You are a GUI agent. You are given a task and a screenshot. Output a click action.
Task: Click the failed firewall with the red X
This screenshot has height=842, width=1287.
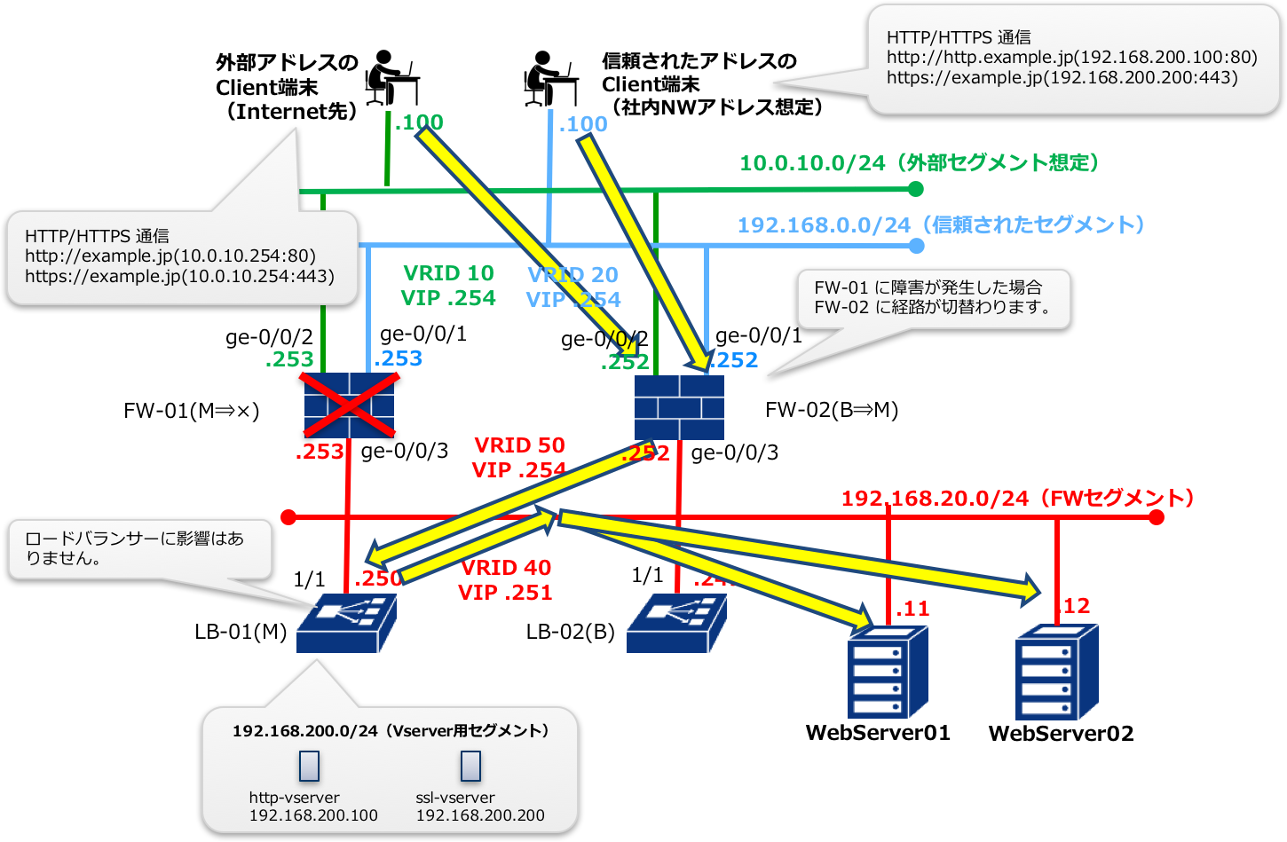[x=349, y=405]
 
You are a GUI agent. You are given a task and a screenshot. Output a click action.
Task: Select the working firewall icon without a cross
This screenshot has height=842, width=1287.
[x=679, y=407]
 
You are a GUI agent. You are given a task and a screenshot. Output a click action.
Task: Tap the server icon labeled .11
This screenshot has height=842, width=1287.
[x=887, y=672]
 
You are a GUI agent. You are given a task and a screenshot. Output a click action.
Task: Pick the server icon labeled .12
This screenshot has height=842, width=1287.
[x=1056, y=672]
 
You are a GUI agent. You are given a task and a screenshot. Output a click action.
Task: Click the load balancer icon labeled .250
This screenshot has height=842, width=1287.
[x=345, y=624]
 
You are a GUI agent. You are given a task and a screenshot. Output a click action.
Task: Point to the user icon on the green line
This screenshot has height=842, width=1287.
[x=391, y=78]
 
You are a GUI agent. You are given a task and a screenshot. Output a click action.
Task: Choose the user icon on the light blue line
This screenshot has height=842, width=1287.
[x=550, y=78]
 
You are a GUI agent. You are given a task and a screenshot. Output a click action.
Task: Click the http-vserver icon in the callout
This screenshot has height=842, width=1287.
[x=308, y=766]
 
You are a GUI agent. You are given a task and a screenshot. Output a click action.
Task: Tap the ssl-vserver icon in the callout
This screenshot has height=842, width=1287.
[x=470, y=766]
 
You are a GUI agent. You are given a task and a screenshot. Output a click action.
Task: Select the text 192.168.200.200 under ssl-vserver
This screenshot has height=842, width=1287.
[x=480, y=815]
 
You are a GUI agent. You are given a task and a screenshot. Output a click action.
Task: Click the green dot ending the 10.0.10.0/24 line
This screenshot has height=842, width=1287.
[x=916, y=189]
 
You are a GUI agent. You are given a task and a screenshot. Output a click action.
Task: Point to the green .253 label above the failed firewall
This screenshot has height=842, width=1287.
[x=289, y=359]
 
